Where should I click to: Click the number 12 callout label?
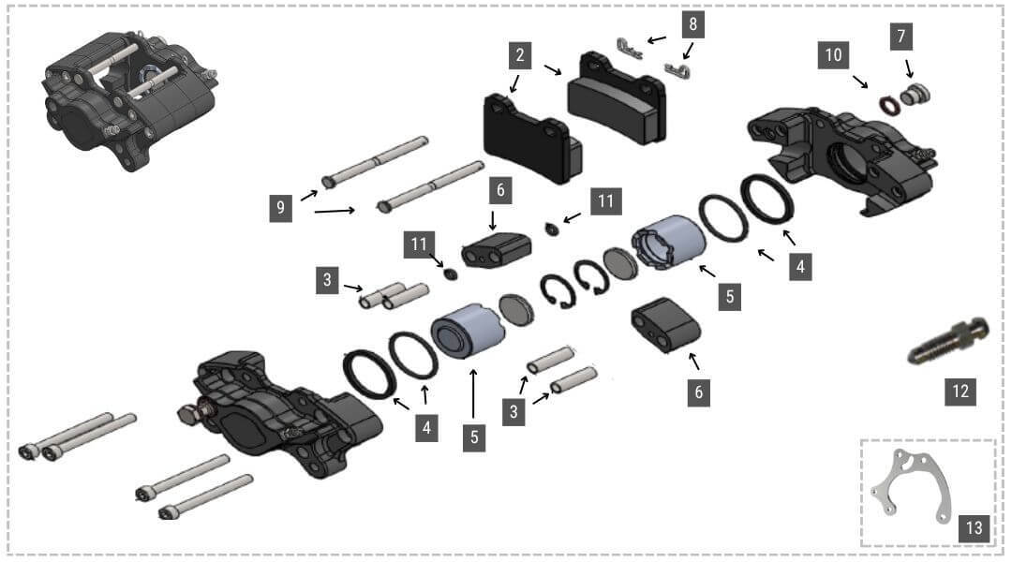pos(960,391)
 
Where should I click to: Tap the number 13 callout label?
pos(974,528)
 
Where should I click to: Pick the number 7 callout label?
pos(901,37)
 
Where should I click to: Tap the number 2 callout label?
pos(519,55)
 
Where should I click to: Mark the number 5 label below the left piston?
pos(473,437)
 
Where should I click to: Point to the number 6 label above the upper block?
pos(500,191)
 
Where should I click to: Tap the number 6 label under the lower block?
pos(697,392)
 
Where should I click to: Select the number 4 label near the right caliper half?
pos(799,266)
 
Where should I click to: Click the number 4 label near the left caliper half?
pos(427,428)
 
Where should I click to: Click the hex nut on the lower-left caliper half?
pos(187,412)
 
